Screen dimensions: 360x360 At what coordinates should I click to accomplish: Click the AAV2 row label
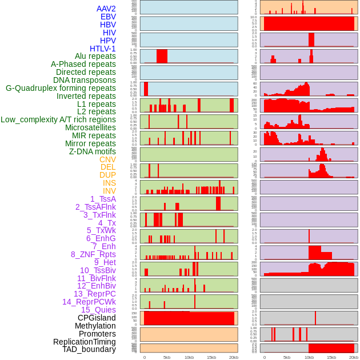[106, 9]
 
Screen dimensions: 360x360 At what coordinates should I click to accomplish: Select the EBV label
[108, 17]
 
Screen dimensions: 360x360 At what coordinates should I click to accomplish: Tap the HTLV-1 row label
[103, 49]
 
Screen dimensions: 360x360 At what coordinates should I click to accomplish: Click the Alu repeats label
[95, 56]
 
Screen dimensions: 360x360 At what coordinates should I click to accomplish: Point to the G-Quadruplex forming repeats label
[61, 88]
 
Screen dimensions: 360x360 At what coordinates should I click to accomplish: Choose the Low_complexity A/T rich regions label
[58, 119]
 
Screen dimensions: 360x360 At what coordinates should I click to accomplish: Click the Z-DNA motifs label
[93, 151]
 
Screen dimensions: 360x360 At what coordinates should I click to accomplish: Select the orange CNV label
[107, 159]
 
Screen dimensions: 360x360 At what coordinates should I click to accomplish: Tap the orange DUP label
[107, 175]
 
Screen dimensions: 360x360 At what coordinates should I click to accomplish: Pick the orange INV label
[109, 191]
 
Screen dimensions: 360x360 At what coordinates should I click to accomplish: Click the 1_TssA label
[103, 199]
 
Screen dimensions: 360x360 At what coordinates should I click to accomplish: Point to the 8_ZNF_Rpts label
[93, 254]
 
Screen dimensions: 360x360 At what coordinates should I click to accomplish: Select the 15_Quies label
[98, 310]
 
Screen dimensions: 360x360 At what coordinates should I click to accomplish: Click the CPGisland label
[97, 318]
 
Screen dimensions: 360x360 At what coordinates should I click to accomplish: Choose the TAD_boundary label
[89, 349]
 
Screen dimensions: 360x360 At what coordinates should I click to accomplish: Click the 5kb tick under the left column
[167, 357]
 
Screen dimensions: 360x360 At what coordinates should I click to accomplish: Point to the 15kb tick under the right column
[331, 357]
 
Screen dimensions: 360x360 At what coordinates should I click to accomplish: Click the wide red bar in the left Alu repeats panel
[162, 56]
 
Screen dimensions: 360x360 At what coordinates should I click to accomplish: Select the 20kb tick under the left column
[233, 357]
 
